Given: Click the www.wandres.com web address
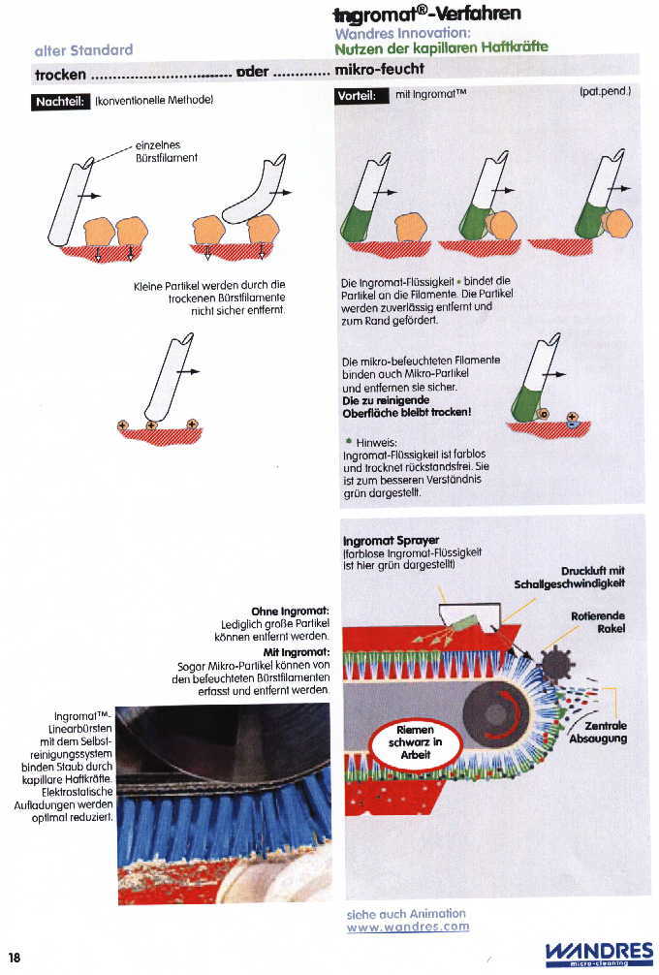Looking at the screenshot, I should coord(407,927).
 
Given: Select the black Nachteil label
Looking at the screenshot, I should coord(62,101).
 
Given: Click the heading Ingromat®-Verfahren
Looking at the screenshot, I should coord(426,14).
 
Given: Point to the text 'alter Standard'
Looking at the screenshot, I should coord(83,49).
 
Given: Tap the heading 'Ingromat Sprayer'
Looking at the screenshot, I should coord(392,540).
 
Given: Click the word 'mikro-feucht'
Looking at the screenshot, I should coord(379,70).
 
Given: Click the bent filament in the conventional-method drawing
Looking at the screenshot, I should coord(254,193).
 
